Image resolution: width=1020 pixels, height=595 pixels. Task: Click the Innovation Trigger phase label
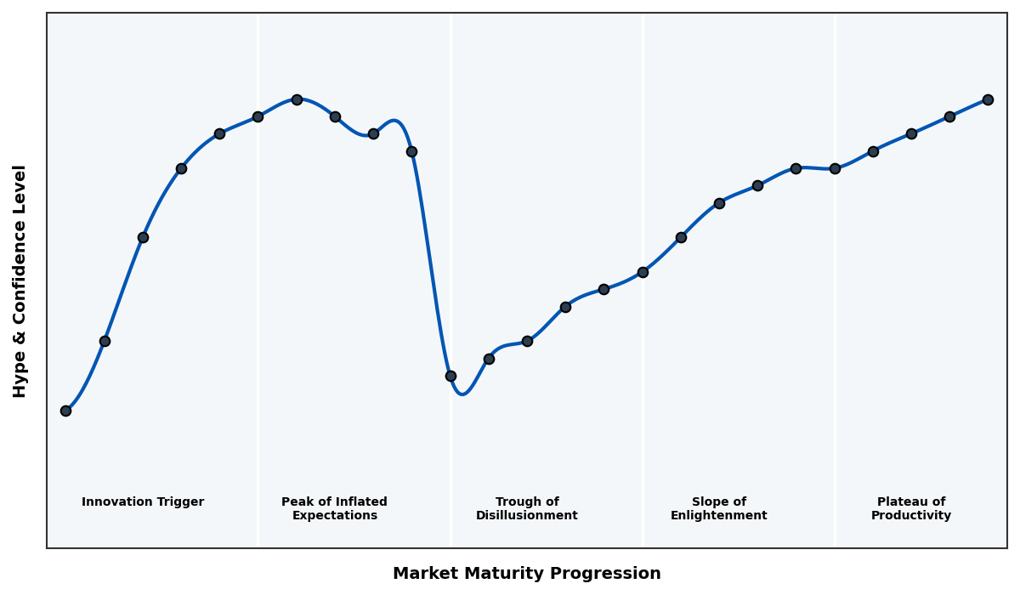pyautogui.click(x=143, y=502)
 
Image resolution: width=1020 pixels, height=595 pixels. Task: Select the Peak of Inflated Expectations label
pyautogui.click(x=334, y=508)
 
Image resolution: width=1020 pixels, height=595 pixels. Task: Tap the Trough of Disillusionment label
pyautogui.click(x=527, y=508)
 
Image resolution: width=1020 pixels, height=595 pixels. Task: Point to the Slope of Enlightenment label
pyautogui.click(x=719, y=508)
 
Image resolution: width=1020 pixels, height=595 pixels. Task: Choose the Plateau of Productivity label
pyautogui.click(x=911, y=508)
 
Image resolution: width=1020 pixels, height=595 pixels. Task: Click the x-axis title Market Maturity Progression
pyautogui.click(x=527, y=574)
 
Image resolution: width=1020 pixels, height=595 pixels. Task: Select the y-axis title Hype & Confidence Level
pyautogui.click(x=20, y=280)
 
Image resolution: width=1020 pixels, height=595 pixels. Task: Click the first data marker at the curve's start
pyautogui.click(x=65, y=411)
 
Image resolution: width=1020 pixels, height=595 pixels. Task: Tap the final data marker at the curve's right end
pyautogui.click(x=988, y=99)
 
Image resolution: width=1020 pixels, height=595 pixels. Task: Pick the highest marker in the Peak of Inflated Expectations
pyautogui.click(x=297, y=99)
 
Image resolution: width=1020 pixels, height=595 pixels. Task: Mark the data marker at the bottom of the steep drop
pyautogui.click(x=450, y=376)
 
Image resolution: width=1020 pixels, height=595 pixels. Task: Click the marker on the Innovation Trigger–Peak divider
pyautogui.click(x=258, y=116)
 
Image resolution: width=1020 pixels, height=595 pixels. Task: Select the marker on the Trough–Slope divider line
pyautogui.click(x=643, y=272)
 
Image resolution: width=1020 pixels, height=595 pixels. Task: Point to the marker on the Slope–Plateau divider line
pyautogui.click(x=835, y=168)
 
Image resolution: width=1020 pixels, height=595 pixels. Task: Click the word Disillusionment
pyautogui.click(x=527, y=516)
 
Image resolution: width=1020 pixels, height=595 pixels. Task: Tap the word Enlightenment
pyautogui.click(x=719, y=516)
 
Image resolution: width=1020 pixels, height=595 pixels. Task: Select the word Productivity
pyautogui.click(x=911, y=516)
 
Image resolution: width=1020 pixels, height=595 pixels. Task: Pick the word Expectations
pyautogui.click(x=334, y=516)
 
